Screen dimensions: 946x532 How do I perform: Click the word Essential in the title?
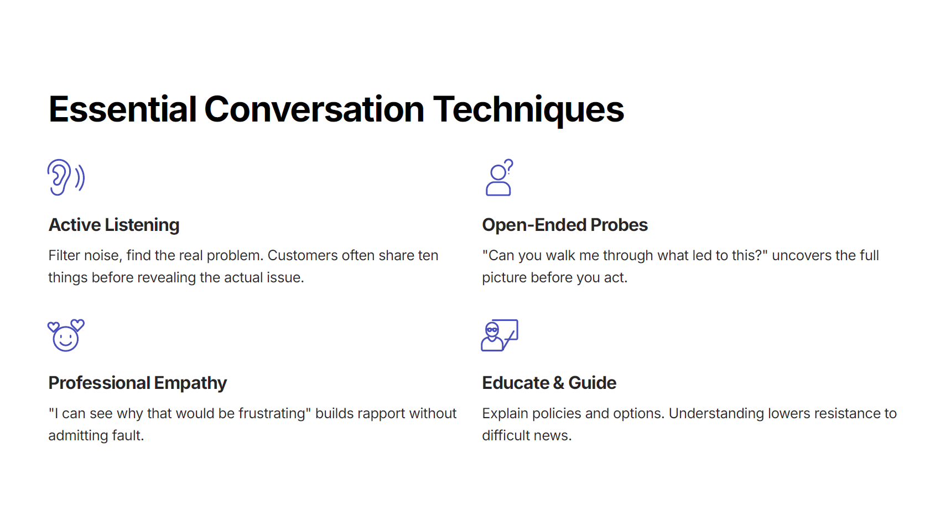[122, 110]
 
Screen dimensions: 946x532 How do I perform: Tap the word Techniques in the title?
[528, 110]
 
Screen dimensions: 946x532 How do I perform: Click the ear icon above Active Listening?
[66, 177]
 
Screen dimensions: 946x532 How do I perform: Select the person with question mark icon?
[499, 177]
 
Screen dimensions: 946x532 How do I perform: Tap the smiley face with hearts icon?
[66, 335]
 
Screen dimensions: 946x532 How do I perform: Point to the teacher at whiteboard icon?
[500, 335]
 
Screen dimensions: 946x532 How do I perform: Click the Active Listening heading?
[114, 225]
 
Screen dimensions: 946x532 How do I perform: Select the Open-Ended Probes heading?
[565, 225]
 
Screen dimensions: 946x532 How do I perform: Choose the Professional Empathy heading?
[138, 383]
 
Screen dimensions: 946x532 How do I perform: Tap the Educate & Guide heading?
[549, 383]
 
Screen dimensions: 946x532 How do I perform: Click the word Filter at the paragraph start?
[64, 256]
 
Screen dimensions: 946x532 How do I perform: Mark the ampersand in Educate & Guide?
[558, 383]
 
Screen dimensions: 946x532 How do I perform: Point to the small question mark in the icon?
[510, 165]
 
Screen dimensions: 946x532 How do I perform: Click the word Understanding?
[716, 414]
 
